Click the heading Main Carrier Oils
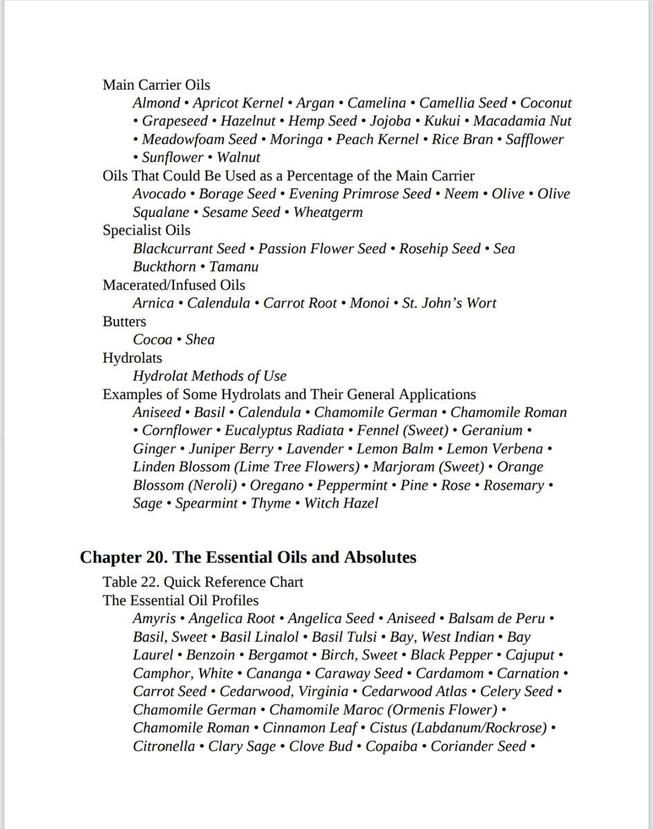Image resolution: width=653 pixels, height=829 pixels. tap(156, 85)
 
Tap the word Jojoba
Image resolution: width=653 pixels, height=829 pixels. tap(390, 121)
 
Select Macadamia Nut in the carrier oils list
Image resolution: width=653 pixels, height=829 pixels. tap(522, 121)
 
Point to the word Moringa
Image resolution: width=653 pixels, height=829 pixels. tap(296, 139)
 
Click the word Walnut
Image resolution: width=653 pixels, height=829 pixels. tap(238, 158)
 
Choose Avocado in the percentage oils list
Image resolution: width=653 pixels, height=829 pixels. tap(159, 193)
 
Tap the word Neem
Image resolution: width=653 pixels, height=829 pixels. tap(461, 193)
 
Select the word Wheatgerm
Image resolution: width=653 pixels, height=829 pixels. tap(328, 212)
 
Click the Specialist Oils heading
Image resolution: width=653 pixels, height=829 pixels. tap(146, 230)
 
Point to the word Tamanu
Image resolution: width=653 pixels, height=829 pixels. tap(234, 267)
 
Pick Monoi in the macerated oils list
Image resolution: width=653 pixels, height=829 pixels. tap(369, 303)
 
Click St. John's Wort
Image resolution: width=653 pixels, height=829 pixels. tap(449, 303)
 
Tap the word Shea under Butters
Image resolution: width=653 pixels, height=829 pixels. tap(200, 339)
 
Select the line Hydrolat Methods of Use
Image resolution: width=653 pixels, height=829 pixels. tap(209, 376)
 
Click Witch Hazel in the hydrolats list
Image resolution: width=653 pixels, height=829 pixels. tap(341, 503)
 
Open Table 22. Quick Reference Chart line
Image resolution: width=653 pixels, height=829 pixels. tap(203, 582)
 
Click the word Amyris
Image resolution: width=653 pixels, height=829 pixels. tap(154, 618)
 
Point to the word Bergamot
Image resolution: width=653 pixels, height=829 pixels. tap(278, 655)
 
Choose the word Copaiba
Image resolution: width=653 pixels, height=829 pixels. tap(391, 746)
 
